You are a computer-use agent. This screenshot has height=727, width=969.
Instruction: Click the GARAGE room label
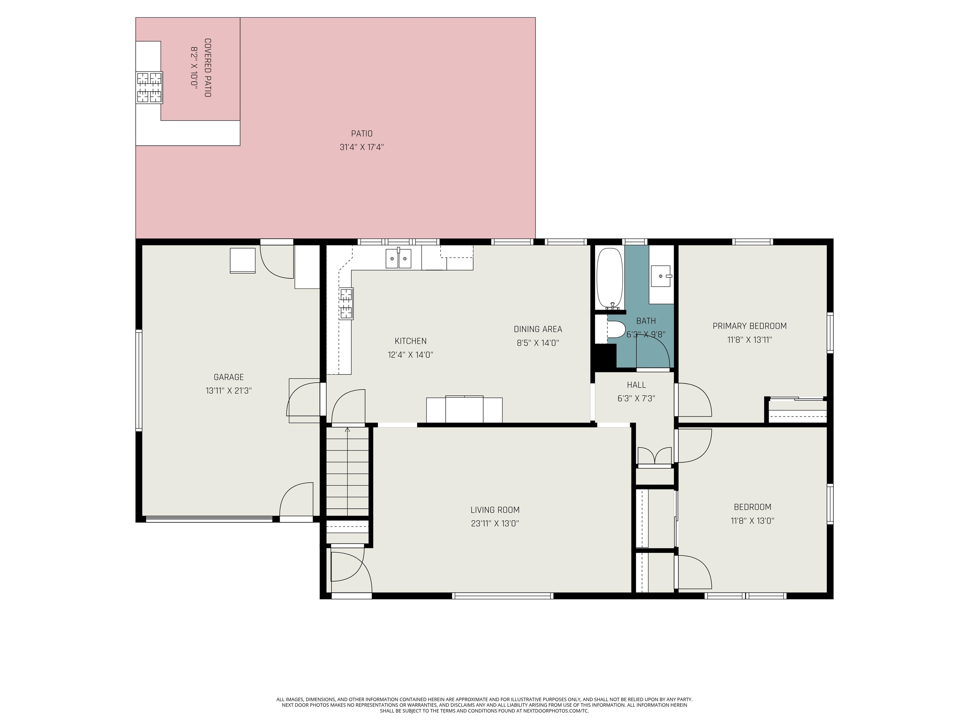point(228,377)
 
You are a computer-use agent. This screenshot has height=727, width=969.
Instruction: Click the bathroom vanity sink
point(661,276)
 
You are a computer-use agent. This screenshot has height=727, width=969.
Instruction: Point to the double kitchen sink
point(398,258)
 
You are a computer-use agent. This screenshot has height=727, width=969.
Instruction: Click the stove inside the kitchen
point(346,303)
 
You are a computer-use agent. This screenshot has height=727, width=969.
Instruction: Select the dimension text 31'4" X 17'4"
point(361,147)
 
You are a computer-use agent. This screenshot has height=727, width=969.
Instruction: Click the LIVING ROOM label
point(495,510)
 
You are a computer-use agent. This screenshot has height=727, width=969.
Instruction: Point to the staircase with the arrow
point(347,471)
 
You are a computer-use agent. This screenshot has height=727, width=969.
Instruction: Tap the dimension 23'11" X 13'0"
point(495,523)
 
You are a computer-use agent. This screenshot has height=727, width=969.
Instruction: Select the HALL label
point(636,385)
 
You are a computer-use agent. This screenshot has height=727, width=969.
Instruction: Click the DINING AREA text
point(537,329)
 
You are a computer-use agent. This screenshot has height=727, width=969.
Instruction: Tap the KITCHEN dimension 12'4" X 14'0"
point(410,355)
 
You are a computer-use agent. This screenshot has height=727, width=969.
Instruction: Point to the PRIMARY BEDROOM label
point(749,326)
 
